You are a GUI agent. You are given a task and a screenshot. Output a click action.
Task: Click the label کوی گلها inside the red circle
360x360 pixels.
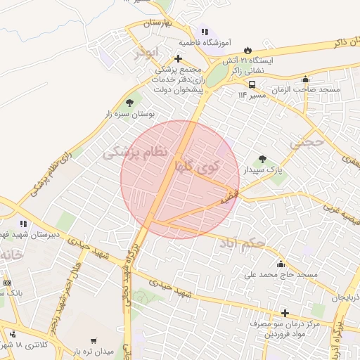coord(198,167)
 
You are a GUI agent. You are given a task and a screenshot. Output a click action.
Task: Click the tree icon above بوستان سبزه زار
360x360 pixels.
coord(129,102)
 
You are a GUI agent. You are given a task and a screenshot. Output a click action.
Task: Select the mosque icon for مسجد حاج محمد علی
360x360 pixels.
coord(281,264)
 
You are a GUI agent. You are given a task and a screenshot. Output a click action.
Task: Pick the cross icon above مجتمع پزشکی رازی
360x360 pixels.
coord(179,58)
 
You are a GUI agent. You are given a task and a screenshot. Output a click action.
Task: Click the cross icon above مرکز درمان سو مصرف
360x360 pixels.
coord(285,313)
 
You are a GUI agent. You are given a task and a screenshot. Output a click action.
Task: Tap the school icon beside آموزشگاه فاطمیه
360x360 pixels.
coord(205,32)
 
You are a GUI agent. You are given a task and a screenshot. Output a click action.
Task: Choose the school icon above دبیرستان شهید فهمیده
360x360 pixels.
coord(24,224)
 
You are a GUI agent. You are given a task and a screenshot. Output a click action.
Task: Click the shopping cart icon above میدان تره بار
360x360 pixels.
coord(94,341)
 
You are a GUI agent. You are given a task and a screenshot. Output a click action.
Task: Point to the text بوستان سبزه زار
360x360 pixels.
coord(129,113)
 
